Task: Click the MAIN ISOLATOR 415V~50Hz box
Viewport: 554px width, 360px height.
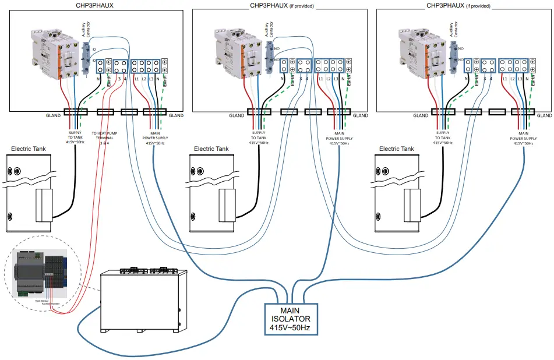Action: point(291,319)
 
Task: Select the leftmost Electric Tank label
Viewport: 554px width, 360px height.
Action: point(30,149)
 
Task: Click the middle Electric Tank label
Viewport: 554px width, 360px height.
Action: point(211,149)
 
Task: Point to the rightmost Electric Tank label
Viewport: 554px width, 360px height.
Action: point(396,149)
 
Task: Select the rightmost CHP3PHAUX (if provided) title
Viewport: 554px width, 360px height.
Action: point(458,5)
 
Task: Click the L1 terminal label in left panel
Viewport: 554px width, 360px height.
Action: point(136,77)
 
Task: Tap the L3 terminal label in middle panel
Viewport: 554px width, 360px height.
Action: point(336,77)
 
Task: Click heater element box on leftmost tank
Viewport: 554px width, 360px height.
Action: point(44,204)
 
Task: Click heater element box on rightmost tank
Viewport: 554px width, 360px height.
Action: point(412,204)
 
